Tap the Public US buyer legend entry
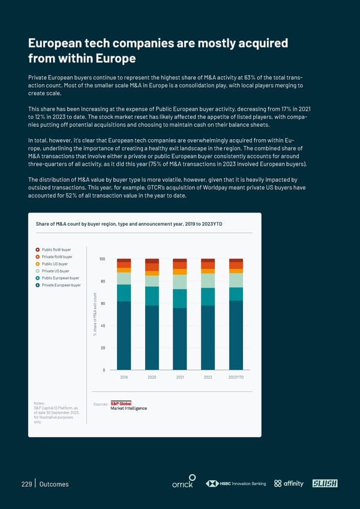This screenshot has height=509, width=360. point(55,264)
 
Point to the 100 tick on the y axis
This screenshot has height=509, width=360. point(102,259)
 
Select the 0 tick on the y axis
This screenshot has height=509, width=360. point(104,370)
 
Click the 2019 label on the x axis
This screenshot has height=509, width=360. point(124,378)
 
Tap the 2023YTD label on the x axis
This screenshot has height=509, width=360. point(236,378)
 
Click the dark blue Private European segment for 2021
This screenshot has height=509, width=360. point(180,339)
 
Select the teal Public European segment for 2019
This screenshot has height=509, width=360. point(124,293)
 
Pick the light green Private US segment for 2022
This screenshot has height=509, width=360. point(208,281)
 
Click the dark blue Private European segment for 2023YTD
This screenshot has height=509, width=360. point(236,335)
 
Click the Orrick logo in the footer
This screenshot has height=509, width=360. point(182,484)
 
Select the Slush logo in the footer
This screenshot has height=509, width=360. point(325,484)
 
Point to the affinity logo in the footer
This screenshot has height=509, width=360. point(289,484)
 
